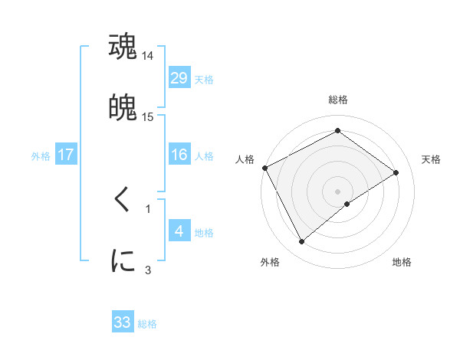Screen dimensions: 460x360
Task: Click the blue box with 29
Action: pos(179,78)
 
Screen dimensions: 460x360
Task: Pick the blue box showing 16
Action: pos(179,155)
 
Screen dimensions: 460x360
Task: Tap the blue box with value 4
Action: pos(179,231)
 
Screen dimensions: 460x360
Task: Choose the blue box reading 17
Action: pos(66,155)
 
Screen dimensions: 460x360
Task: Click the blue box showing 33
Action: pos(123,322)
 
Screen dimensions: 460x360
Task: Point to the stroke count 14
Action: pos(148,56)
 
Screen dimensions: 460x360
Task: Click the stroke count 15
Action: pos(148,117)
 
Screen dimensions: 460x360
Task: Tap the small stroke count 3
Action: pos(148,270)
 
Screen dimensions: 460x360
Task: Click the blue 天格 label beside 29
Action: pos(203,80)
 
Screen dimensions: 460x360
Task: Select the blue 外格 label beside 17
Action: pos(41,156)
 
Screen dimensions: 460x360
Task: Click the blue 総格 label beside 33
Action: pos(147,324)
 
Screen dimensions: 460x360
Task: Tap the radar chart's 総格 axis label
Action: pos(337,100)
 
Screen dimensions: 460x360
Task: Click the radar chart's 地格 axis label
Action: pos(402,262)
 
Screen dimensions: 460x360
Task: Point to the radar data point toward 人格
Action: pos(264,168)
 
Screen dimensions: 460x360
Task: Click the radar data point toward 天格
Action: pos(396,172)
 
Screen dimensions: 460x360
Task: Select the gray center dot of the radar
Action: pos(337,191)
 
